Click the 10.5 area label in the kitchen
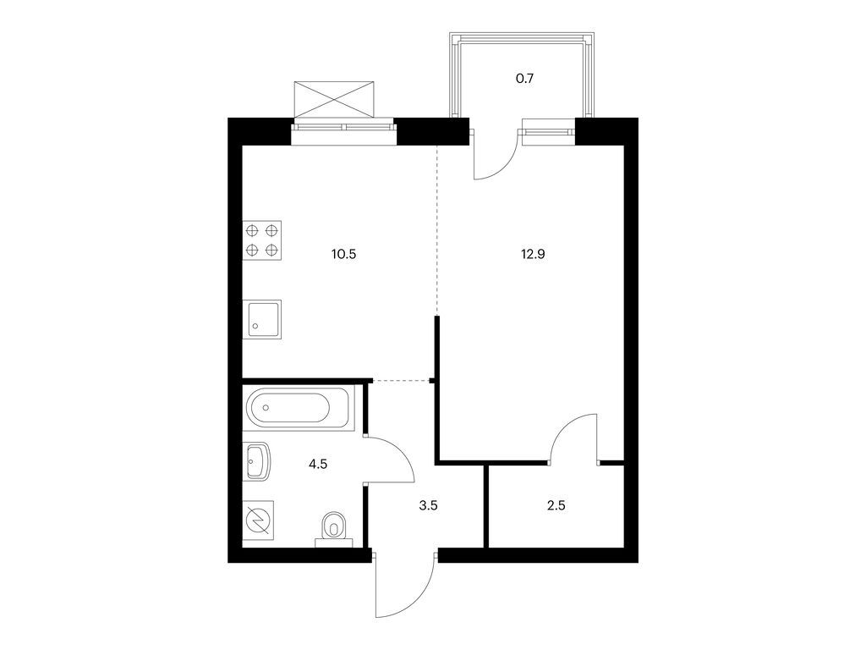click(343, 254)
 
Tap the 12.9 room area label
click(533, 254)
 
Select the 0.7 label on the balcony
click(524, 79)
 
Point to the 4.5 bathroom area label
click(318, 465)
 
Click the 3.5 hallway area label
click(428, 505)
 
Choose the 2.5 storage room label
click(556, 505)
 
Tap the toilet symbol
click(333, 527)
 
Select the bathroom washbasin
click(257, 460)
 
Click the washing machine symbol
click(259, 521)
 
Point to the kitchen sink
click(262, 319)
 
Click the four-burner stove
click(262, 240)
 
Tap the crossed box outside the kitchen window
click(335, 100)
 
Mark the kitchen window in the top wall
click(344, 131)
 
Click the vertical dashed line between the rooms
click(437, 230)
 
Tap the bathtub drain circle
click(266, 408)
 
